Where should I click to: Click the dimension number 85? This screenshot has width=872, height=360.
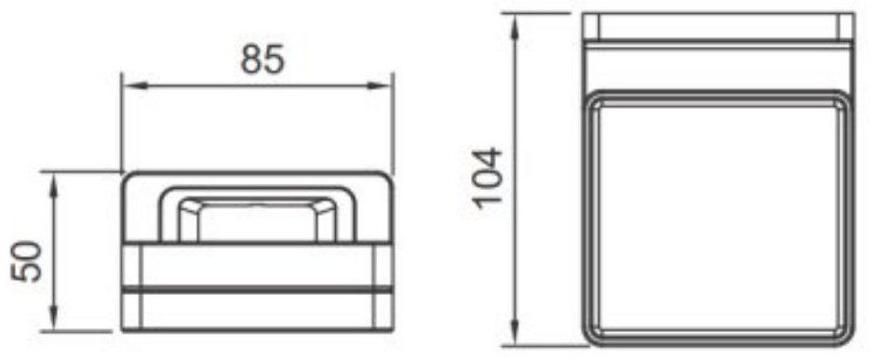(x=262, y=60)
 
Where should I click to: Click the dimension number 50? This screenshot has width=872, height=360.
(x=26, y=261)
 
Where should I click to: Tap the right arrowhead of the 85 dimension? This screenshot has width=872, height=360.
(x=381, y=87)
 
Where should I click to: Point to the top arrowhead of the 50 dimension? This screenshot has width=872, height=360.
(x=54, y=184)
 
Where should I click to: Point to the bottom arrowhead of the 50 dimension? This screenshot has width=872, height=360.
(x=54, y=318)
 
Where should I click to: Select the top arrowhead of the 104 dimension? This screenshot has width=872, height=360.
(x=515, y=25)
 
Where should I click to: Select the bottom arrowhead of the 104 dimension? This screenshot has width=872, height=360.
(x=515, y=333)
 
